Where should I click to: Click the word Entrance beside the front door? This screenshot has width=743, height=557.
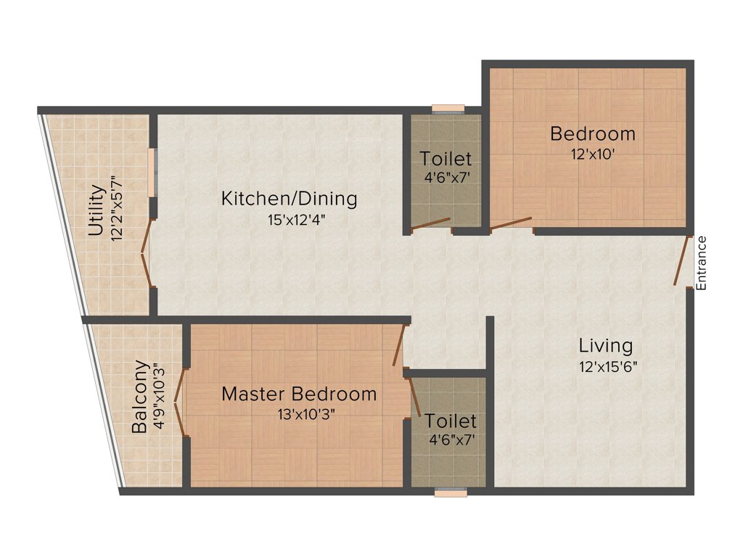[701, 263]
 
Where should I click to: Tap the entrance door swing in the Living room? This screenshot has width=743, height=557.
[681, 260]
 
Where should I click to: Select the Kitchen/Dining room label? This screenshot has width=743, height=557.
[289, 198]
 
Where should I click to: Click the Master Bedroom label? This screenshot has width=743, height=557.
[299, 395]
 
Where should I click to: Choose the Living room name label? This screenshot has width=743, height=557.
[605, 345]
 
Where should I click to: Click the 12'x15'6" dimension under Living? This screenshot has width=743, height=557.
[608, 366]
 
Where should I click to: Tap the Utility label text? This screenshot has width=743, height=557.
[96, 211]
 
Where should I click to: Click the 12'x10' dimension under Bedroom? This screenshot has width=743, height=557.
[594, 154]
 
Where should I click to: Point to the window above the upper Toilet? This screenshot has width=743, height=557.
[448, 109]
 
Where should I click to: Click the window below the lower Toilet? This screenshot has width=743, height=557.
[451, 492]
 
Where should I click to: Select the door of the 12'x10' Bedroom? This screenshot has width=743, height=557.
[511, 223]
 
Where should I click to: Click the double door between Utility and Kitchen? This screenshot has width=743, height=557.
[146, 257]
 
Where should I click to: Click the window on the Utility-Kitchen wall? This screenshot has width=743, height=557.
[152, 172]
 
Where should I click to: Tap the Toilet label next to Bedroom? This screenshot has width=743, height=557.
[446, 159]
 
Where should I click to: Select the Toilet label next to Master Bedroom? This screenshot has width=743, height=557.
[451, 421]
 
